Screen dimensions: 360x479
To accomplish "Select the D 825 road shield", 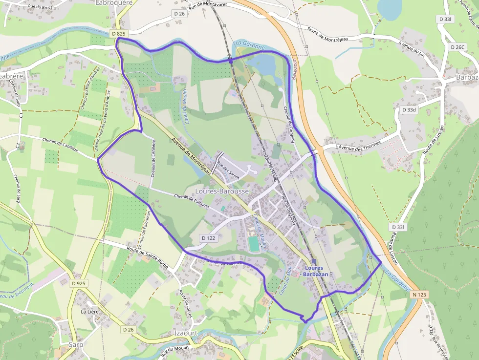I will pyautogui.click(x=118, y=34).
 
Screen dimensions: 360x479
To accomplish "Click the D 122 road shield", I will pyautogui.click(x=208, y=238).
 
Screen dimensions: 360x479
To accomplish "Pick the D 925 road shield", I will pyautogui.click(x=78, y=283).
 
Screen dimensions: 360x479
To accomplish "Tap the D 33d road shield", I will pyautogui.click(x=410, y=110).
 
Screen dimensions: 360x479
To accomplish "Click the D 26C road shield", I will pyautogui.click(x=457, y=47).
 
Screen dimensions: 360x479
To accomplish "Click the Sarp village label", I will pyautogui.click(x=75, y=344).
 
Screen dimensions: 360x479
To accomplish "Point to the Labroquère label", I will pyautogui.click(x=115, y=2).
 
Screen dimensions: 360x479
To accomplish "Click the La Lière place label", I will pyautogui.click(x=90, y=311).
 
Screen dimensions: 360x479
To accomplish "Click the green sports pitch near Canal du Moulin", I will pyautogui.click(x=253, y=243).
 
